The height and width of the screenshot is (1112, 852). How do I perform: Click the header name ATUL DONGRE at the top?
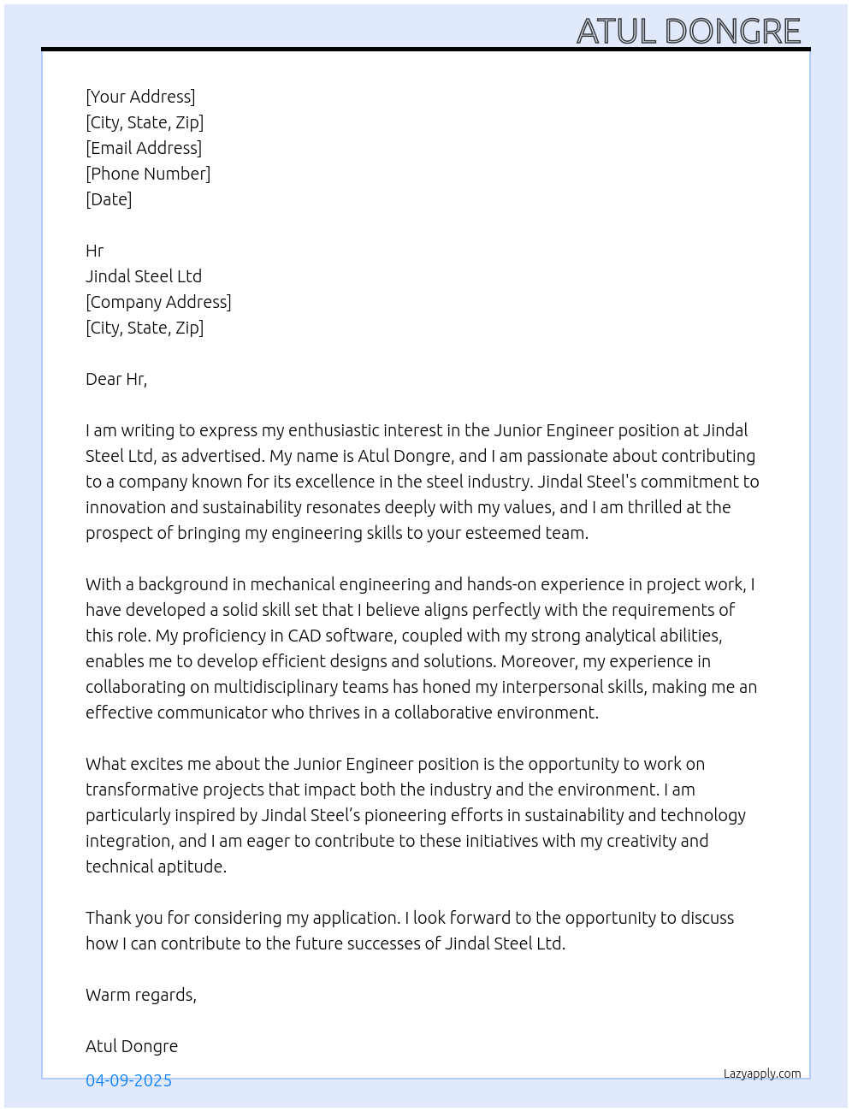pyautogui.click(x=689, y=32)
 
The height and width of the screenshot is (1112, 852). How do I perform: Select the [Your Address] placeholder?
pyautogui.click(x=140, y=97)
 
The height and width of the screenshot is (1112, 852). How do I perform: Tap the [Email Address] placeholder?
pyautogui.click(x=144, y=148)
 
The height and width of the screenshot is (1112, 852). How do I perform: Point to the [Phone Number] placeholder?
pyautogui.click(x=148, y=174)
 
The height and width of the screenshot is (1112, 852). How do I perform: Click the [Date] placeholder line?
pyautogui.click(x=109, y=199)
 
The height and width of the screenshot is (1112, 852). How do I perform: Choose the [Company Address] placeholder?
pyautogui.click(x=158, y=302)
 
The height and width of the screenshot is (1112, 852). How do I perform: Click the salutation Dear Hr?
pyautogui.click(x=116, y=379)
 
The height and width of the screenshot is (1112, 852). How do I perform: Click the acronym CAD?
pyautogui.click(x=305, y=636)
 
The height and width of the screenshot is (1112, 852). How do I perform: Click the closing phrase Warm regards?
pyautogui.click(x=141, y=995)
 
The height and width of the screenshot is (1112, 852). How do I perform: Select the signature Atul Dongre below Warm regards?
pyautogui.click(x=132, y=1046)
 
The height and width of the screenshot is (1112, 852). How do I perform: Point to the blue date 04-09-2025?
pyautogui.click(x=128, y=1080)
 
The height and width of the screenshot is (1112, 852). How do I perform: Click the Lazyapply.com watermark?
pyautogui.click(x=762, y=1074)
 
